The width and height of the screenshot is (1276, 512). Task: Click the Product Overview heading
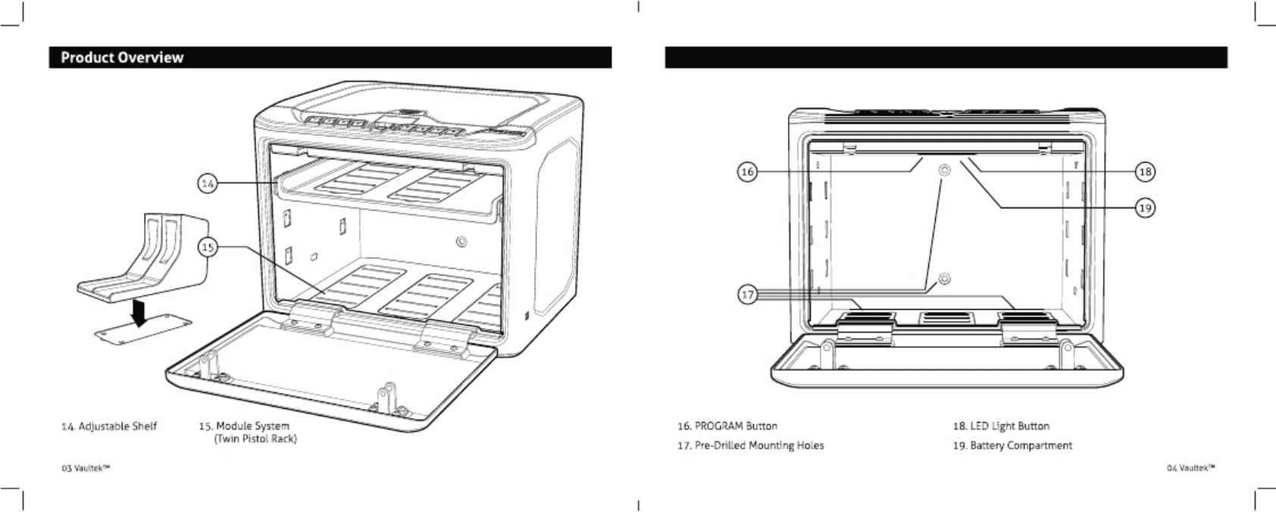point(122,58)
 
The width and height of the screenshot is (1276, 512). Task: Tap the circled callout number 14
point(207,183)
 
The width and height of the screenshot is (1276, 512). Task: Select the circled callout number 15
point(207,247)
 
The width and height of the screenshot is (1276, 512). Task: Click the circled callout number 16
point(747,172)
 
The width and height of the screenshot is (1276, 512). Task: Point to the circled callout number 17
point(747,294)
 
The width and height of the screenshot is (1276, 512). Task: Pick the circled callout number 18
point(1145,172)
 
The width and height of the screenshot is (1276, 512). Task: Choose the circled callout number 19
point(1145,207)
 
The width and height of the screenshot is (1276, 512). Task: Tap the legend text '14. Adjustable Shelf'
point(109,426)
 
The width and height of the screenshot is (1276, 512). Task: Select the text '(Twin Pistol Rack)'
point(255,439)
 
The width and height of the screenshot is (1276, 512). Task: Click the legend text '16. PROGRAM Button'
point(727,426)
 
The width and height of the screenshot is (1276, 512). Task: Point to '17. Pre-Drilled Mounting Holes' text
point(750,445)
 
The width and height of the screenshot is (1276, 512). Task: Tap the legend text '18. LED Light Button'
point(1001,426)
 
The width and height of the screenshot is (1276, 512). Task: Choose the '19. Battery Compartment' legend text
point(1012,445)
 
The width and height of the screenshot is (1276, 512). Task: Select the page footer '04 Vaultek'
point(1190,468)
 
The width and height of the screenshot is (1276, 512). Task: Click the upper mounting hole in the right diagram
point(944,170)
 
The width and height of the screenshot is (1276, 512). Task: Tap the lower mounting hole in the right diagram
point(944,279)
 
